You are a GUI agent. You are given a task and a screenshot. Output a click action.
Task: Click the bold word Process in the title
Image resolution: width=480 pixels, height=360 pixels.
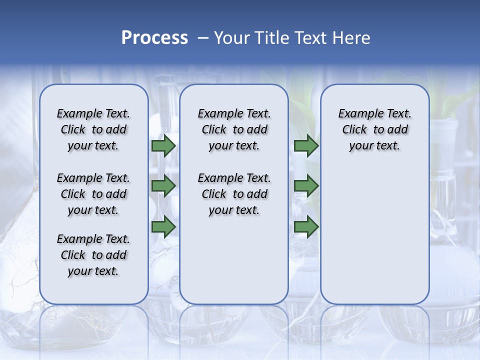click(x=154, y=38)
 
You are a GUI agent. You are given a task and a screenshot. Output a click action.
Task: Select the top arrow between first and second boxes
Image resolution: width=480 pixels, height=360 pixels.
click(x=163, y=146)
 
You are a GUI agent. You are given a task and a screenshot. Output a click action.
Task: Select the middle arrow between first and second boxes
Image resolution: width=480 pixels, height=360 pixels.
click(x=163, y=186)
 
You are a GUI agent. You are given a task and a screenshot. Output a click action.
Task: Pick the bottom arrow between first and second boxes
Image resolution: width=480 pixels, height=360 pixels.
click(x=163, y=227)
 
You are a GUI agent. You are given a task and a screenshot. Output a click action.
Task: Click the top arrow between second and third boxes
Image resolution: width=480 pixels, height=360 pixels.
click(x=306, y=146)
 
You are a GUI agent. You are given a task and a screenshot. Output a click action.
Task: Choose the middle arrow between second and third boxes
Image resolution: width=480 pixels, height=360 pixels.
click(x=306, y=186)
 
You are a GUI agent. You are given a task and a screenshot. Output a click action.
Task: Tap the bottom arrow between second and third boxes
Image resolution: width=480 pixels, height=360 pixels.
click(x=306, y=227)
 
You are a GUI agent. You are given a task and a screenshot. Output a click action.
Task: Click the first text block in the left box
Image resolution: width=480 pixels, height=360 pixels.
click(x=93, y=129)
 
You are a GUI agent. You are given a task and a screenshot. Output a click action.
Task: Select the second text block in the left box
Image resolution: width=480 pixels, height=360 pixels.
click(x=93, y=194)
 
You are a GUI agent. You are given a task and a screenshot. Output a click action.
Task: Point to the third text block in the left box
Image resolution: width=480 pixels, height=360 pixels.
click(x=93, y=255)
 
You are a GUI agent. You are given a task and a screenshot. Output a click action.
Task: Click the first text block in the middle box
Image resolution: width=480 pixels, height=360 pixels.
click(x=234, y=129)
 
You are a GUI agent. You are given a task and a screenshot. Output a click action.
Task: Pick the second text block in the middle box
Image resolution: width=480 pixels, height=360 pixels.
click(x=234, y=194)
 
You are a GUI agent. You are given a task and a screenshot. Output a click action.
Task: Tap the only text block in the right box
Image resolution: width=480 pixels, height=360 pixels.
click(x=374, y=129)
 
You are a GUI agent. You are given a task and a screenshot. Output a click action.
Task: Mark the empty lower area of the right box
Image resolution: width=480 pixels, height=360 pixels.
click(x=374, y=235)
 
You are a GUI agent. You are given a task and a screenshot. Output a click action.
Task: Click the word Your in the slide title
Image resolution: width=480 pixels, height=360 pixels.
click(x=231, y=38)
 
